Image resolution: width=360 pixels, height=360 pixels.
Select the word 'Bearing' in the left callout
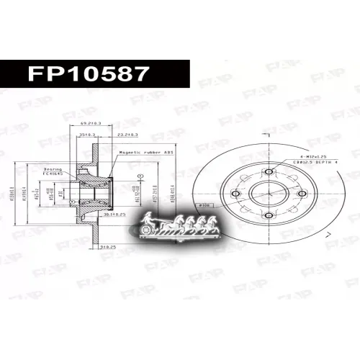(x=53, y=166)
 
